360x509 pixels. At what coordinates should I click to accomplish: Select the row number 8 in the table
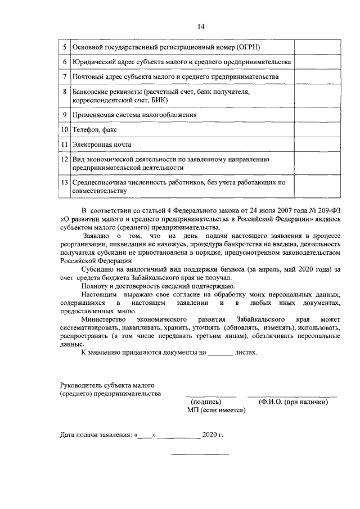point(65,91)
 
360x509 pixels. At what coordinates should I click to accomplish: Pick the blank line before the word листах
point(220,354)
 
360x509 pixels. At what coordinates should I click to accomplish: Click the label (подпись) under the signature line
point(206,402)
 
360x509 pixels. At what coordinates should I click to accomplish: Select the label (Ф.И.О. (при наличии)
point(292,402)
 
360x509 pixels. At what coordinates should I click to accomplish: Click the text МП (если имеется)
point(217,411)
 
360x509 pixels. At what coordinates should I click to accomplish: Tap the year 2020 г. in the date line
point(213,435)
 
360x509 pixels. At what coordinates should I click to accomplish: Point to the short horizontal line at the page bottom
point(200,454)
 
